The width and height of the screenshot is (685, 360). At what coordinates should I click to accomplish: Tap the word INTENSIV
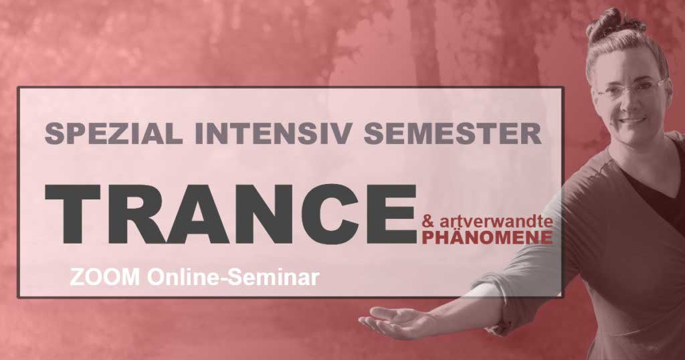point(273,134)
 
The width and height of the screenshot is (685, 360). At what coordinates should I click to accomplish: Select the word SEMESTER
point(453,134)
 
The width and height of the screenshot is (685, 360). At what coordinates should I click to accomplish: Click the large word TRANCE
point(231,214)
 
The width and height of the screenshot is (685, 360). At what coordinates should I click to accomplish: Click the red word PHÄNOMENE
point(487,238)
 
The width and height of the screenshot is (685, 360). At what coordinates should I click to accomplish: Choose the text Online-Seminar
point(233,278)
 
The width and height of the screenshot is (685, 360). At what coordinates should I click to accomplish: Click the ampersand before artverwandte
point(426,222)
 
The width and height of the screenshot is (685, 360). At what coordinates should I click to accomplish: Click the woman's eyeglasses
point(630,89)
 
